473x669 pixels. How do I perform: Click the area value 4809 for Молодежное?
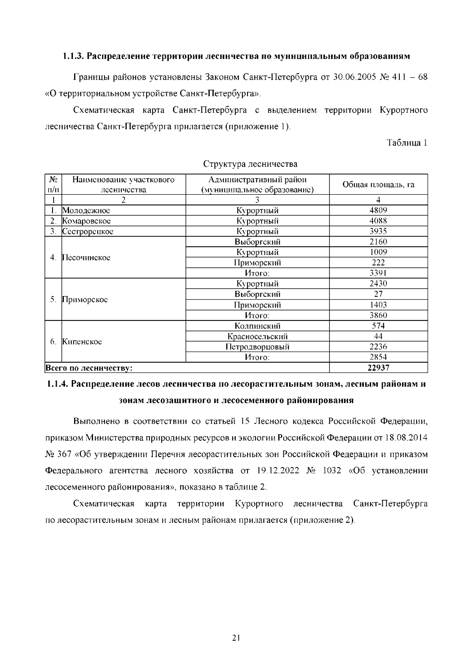coord(378,210)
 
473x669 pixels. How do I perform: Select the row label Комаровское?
coord(87,221)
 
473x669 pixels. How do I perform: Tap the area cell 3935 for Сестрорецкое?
coord(378,231)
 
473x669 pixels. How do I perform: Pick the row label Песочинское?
coord(86,257)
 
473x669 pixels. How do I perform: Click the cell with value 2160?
coord(378,242)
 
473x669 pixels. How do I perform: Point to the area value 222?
coord(378,263)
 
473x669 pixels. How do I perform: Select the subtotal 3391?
coord(378,273)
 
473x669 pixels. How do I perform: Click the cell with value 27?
coord(378,294)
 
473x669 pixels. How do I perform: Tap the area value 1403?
coord(378,305)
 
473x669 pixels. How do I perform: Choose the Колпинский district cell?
coord(257,326)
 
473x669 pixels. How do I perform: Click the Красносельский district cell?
coord(257,336)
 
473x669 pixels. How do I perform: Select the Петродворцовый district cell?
coord(257,347)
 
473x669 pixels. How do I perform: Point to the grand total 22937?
coord(378,368)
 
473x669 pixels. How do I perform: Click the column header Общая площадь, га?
coord(378,184)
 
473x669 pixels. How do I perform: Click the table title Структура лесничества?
coord(250,164)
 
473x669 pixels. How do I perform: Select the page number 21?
coord(236,637)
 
